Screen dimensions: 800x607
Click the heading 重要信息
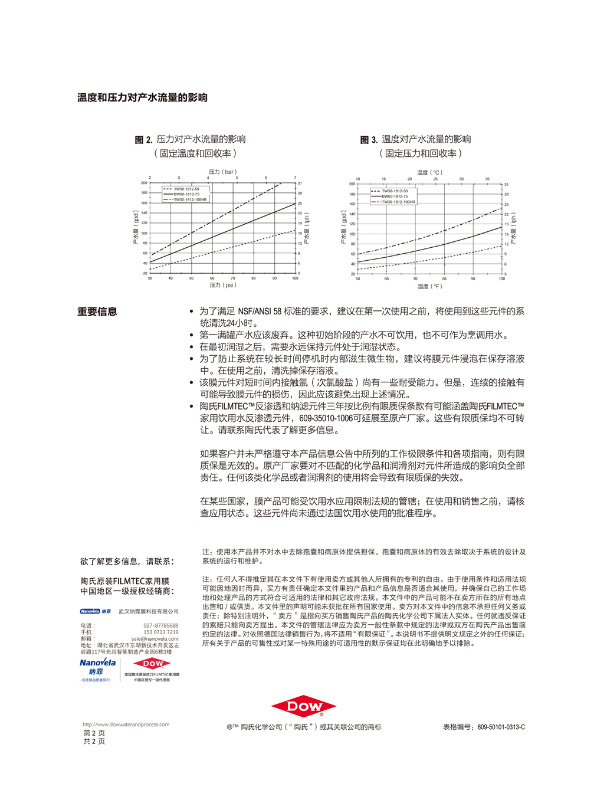point(97,312)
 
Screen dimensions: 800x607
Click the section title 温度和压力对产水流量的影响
point(142,98)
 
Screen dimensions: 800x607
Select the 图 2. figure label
point(143,140)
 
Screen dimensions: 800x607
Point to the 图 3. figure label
point(369,140)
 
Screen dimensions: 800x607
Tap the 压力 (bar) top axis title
point(222,172)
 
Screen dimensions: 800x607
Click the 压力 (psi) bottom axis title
point(223,285)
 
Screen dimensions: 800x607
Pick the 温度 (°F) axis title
point(429,287)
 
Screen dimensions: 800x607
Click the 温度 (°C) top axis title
point(429,173)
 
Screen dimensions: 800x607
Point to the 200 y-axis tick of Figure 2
point(144,183)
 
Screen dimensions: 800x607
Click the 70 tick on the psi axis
point(233,278)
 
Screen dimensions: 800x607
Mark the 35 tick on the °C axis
point(487,179)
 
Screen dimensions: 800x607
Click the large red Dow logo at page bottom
point(304,706)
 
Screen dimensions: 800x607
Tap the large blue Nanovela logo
point(98,663)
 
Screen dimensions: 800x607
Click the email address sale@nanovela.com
point(155,638)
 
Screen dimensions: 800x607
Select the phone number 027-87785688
point(160,625)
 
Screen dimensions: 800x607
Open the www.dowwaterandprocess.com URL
point(126,724)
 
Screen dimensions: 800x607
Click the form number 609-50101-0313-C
point(501,727)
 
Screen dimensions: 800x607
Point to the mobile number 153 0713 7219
point(160,632)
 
